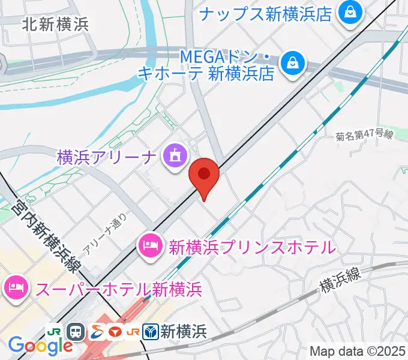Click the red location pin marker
tap(204, 175)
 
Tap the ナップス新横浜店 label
tap(266, 14)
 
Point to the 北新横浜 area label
tap(55, 24)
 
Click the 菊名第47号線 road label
tap(364, 136)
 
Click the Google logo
tap(40, 345)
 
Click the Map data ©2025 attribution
tap(358, 351)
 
